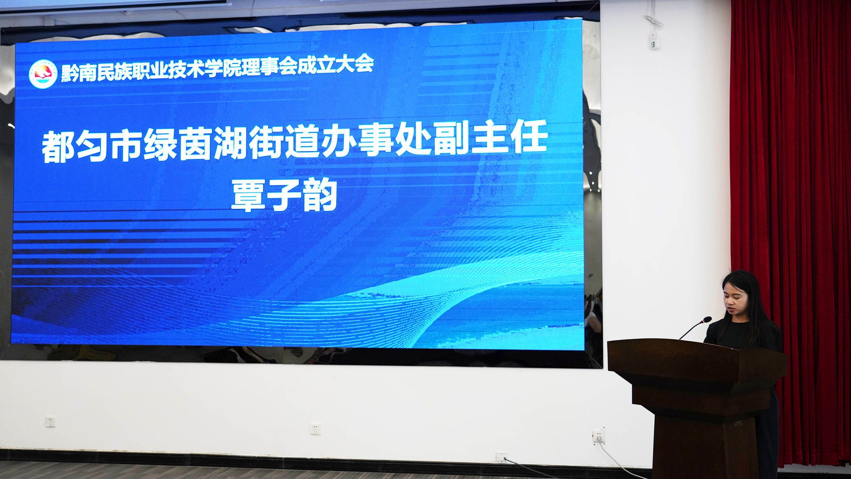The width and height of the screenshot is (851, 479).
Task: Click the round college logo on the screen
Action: (x=43, y=74)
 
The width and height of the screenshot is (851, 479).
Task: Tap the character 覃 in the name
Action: (x=248, y=195)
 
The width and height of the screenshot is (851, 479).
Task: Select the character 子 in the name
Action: (x=284, y=195)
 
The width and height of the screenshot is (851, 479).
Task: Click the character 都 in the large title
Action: (x=58, y=147)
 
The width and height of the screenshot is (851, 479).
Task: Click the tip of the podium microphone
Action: (x=707, y=319)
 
